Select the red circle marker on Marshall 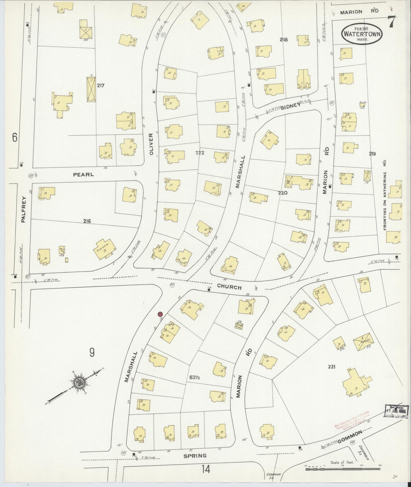[160, 314]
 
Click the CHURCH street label [229, 287]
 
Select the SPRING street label [195, 456]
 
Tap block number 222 [200, 153]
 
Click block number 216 [87, 221]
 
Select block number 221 [331, 367]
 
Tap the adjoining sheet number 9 [92, 353]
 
